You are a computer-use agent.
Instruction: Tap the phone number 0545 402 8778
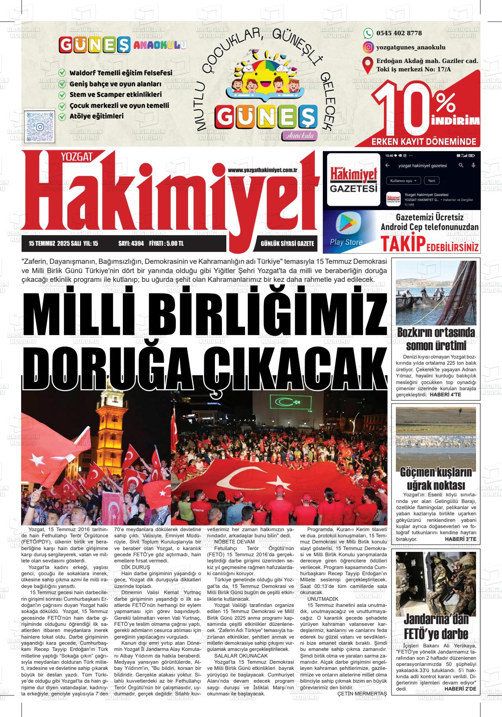click(x=399, y=33)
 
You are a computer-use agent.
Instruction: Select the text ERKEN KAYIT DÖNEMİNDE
click(x=424, y=142)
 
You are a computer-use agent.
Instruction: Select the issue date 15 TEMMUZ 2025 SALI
click(x=56, y=243)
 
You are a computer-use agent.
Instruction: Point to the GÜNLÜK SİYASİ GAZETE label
click(x=287, y=243)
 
